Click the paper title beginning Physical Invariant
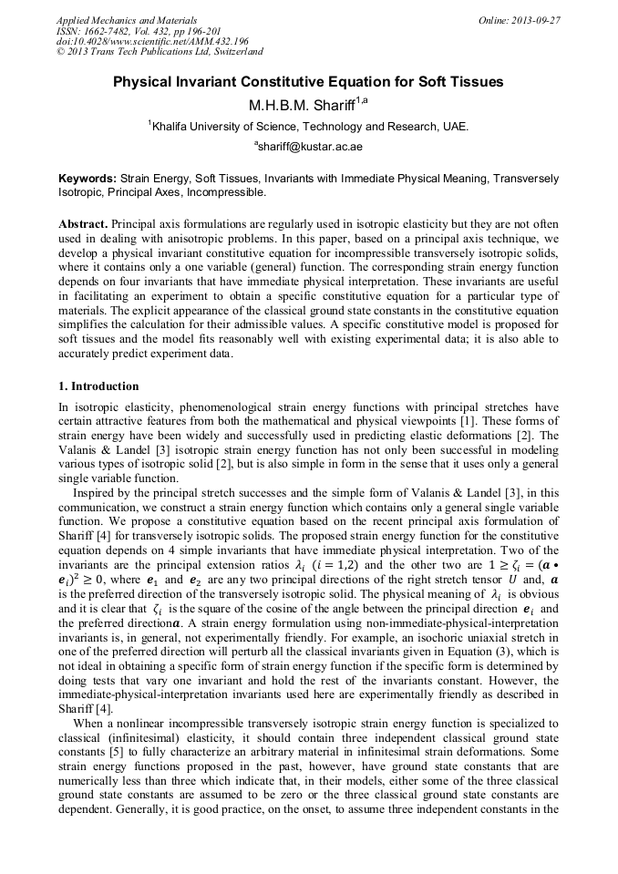308,82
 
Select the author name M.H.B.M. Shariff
303,106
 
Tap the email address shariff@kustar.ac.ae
311,146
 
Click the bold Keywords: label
88,180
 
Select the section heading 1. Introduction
98,386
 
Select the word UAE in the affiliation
455,127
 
